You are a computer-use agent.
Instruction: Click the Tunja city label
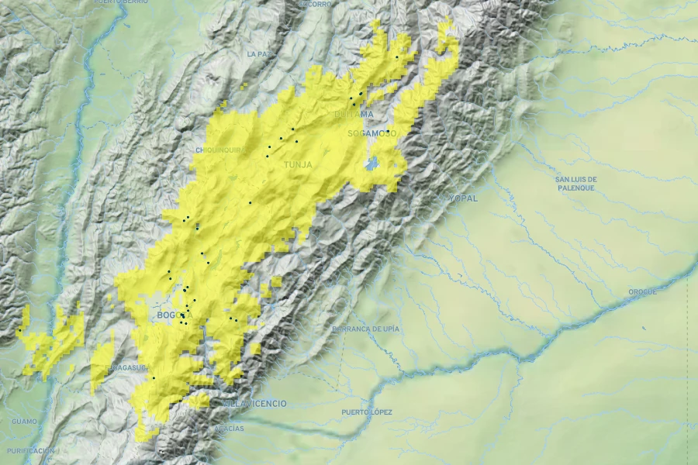click(298, 165)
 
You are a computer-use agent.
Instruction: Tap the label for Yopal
click(463, 198)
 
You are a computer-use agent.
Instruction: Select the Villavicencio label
click(254, 404)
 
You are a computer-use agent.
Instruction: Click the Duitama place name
click(354, 115)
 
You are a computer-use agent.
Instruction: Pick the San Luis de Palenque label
click(575, 183)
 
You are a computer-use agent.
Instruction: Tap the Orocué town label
click(642, 292)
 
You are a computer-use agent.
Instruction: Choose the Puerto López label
click(367, 412)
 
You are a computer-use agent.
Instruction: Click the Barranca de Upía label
click(365, 329)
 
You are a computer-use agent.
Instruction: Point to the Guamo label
click(24, 422)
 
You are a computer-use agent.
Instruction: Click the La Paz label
click(261, 54)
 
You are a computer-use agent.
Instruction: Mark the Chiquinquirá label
click(219, 150)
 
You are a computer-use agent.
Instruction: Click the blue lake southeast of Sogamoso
click(373, 163)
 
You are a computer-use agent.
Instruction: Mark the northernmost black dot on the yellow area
click(396, 57)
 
